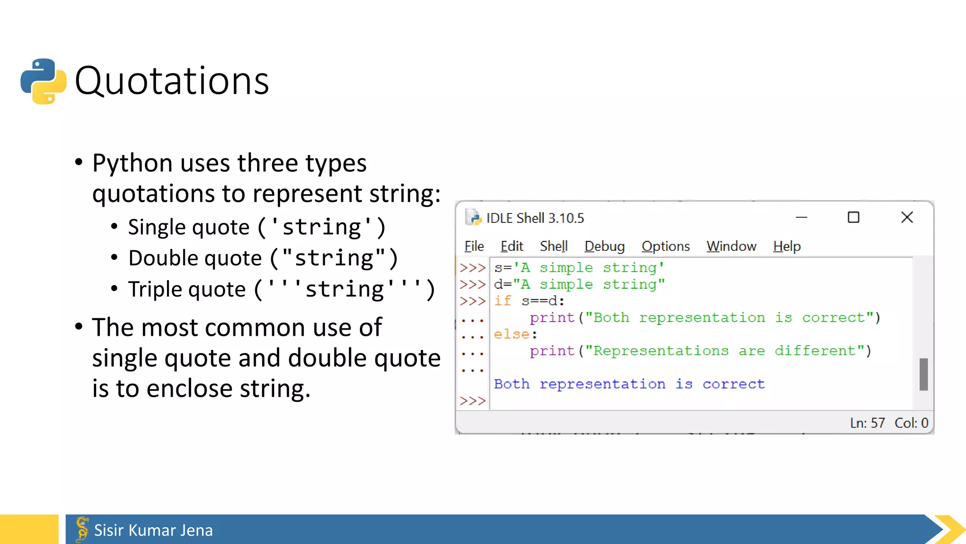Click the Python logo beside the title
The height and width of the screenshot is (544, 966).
pos(43,81)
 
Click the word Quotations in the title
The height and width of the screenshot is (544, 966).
pos(172,81)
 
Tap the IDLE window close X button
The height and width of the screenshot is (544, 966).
pos(907,217)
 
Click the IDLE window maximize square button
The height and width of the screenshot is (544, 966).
pos(853,217)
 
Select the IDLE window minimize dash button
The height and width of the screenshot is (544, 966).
pos(801,217)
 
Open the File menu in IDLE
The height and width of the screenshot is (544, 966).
pos(474,246)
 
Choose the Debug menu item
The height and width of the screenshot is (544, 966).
pos(604,246)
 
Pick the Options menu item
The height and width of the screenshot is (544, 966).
pos(665,246)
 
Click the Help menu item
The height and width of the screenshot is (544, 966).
pos(786,246)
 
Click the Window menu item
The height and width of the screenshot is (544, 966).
pos(731,246)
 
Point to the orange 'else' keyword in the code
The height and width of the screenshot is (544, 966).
pos(512,334)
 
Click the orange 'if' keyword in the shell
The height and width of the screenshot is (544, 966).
pos(502,301)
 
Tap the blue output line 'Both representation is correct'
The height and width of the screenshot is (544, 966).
pos(629,384)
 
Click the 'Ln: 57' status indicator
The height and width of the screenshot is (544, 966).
pos(867,423)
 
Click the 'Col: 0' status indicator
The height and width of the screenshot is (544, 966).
pos(911,423)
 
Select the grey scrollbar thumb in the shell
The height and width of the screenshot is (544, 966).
pos(923,374)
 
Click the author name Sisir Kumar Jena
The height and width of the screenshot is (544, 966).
pos(153,530)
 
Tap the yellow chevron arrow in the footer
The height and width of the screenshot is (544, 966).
pos(950,529)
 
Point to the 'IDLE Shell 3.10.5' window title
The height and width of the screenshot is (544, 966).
pos(535,218)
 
